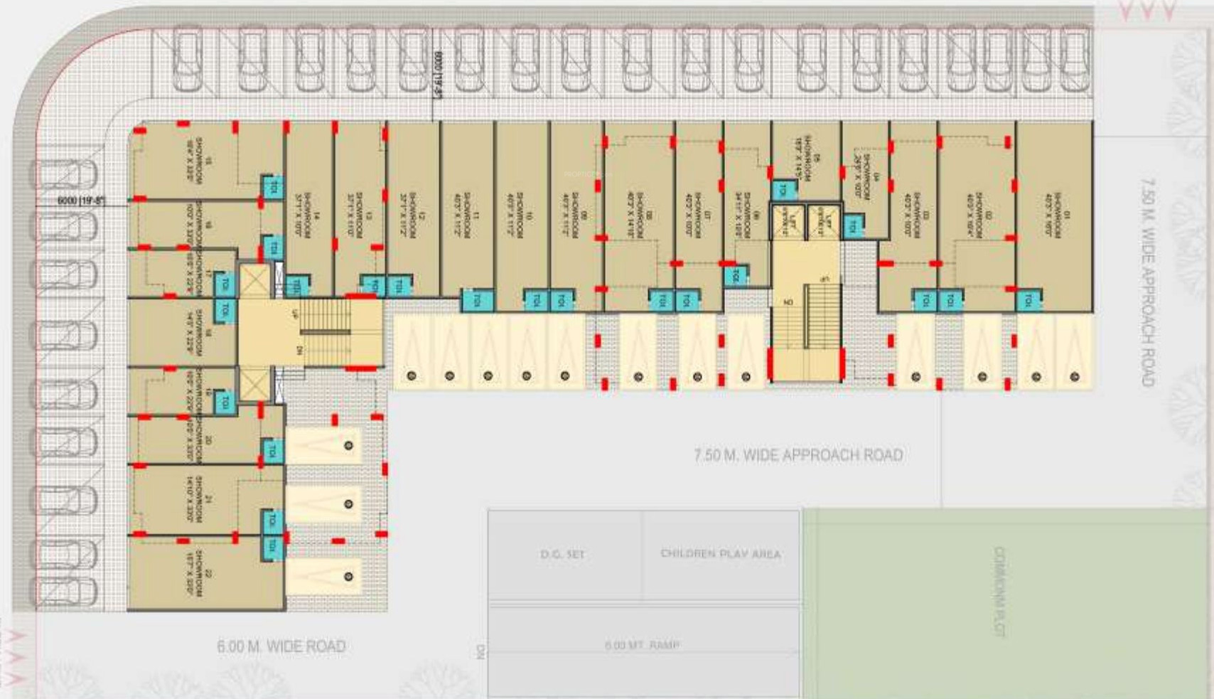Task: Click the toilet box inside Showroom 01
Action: tap(1028, 301)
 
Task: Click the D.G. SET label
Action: tap(562, 554)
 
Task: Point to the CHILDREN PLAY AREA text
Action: tap(720, 554)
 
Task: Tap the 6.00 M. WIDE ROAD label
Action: tap(281, 646)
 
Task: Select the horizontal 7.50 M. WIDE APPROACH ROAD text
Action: tap(798, 455)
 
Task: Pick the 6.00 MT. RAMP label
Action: tap(642, 646)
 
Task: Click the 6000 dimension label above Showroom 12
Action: tap(438, 75)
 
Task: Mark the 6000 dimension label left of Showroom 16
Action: tap(81, 201)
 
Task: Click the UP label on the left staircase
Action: tap(295, 314)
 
